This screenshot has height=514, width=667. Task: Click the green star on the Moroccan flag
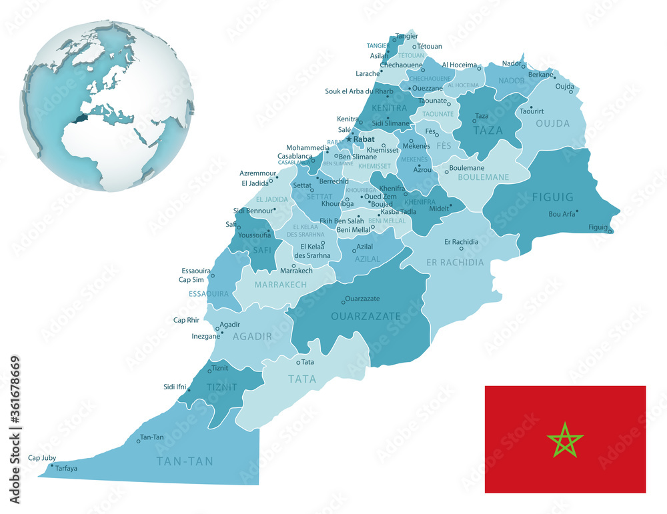point(565,440)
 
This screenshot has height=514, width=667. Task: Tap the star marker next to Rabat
point(348,139)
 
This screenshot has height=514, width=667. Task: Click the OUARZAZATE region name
point(366,315)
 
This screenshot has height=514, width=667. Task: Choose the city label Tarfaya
point(67,468)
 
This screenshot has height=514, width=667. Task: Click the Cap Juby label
point(42,458)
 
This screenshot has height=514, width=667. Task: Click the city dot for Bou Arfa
point(577,211)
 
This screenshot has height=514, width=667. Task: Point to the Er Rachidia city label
point(461,241)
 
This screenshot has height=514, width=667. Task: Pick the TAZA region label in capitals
point(488,131)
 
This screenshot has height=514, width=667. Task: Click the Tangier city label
point(407,36)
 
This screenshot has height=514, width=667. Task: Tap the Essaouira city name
point(196,271)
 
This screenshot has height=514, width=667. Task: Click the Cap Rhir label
point(187,320)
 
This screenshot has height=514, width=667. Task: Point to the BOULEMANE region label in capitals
point(483,177)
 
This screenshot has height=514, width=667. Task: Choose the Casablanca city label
point(295,156)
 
